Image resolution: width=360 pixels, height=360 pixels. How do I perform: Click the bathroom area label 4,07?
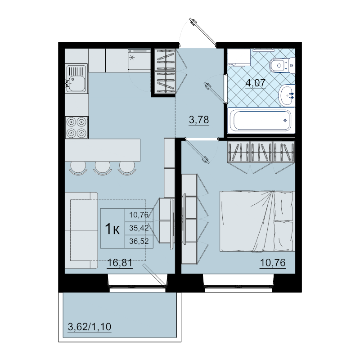(256, 83)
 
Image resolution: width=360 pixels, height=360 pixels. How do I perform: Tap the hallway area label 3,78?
(199, 120)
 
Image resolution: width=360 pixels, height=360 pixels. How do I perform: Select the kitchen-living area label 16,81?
(120, 263)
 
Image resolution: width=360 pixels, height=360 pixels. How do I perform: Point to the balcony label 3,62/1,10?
(90, 327)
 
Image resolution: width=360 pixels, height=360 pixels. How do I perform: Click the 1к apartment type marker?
(112, 229)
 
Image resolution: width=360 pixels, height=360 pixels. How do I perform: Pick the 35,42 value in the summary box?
(139, 228)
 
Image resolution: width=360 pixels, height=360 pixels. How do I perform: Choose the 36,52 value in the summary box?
(139, 241)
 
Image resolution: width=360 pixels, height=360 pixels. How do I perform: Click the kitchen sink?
(76, 78)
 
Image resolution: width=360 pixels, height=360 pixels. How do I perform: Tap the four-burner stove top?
(76, 127)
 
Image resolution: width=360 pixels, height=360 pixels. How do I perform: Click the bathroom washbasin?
(286, 95)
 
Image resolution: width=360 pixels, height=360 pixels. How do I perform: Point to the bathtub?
(261, 121)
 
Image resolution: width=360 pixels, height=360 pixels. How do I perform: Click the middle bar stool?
(103, 168)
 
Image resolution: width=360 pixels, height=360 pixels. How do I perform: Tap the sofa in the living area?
(81, 230)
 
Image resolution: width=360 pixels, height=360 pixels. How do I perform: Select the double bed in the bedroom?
(257, 221)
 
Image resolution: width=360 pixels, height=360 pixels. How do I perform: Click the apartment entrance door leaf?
(203, 32)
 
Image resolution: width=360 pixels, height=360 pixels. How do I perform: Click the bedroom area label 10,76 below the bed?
(273, 263)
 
